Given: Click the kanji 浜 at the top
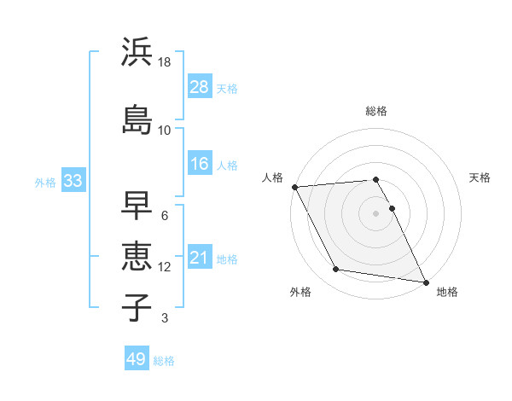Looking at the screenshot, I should (x=137, y=52).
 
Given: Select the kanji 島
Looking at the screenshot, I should (x=137, y=119).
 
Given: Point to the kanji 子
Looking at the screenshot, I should (x=137, y=306).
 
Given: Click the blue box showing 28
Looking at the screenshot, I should (x=200, y=88).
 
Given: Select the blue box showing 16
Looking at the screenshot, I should (x=200, y=164).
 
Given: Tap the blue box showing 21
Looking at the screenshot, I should (x=200, y=258).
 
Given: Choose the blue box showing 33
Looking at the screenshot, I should (x=73, y=181).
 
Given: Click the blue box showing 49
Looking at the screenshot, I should (x=137, y=360).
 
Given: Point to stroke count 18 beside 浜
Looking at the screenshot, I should (x=165, y=62).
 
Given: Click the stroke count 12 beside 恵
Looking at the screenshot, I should (x=165, y=267).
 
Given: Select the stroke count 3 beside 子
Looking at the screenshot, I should (x=164, y=319).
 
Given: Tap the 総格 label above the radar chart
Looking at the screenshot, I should (x=376, y=112).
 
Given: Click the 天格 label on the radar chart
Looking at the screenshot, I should (x=480, y=177).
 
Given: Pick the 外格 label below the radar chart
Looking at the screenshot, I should (x=300, y=293).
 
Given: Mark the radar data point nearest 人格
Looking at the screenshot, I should (x=294, y=187).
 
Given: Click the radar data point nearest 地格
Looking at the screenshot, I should (x=426, y=282).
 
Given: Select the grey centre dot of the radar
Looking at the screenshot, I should (x=376, y=213).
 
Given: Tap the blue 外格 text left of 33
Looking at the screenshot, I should (x=45, y=182).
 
